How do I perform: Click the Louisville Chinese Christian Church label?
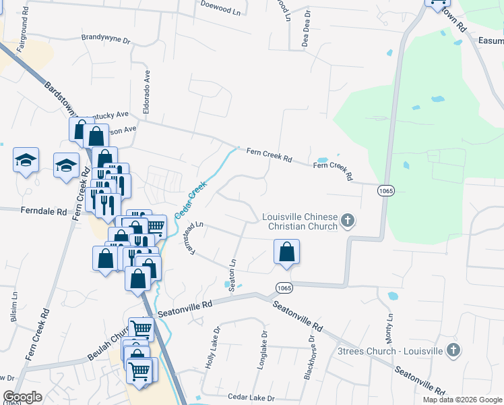click(303, 221)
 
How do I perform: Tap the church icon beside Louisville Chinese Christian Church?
click(348, 220)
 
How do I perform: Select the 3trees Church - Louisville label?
click(390, 351)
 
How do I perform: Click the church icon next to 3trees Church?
click(453, 350)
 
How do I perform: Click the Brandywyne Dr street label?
click(105, 39)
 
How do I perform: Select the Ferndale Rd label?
click(43, 211)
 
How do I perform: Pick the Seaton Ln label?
click(232, 276)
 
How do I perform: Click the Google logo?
click(23, 397)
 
